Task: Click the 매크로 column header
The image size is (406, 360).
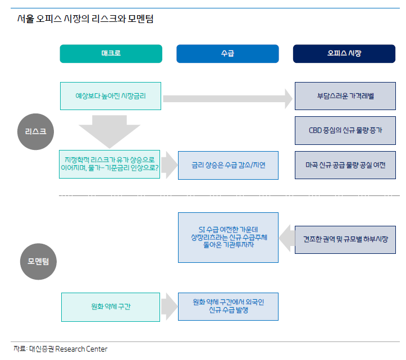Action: pyautogui.click(x=111, y=54)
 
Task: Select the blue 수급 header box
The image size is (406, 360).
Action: pyautogui.click(x=227, y=54)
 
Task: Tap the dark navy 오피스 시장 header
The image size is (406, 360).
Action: pyautogui.click(x=344, y=54)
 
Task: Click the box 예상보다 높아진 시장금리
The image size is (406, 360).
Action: pyautogui.click(x=111, y=96)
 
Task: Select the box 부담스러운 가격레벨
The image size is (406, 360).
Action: pyautogui.click(x=345, y=96)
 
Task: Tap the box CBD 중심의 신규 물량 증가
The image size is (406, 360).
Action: pyautogui.click(x=345, y=131)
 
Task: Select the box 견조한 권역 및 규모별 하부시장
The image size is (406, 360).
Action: pyautogui.click(x=345, y=240)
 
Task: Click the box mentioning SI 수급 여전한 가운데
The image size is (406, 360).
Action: pyautogui.click(x=228, y=238)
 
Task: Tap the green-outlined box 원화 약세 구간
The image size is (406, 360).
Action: pyautogui.click(x=111, y=307)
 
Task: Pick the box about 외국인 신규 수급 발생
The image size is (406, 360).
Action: pyautogui.click(x=228, y=307)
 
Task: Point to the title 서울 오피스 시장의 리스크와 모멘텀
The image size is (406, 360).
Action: pyautogui.click(x=85, y=19)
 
